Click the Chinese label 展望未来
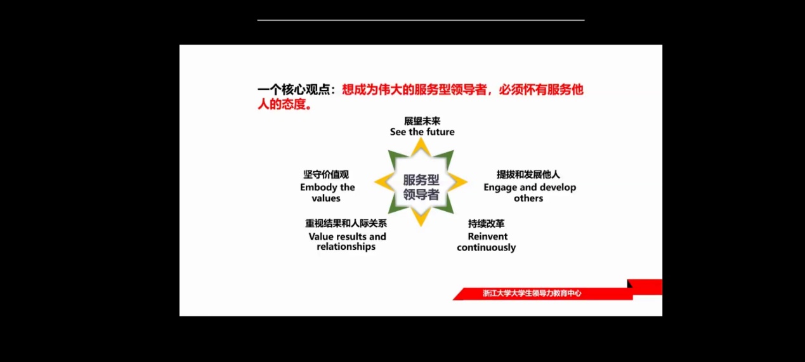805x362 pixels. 422,121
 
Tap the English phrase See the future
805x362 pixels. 422,132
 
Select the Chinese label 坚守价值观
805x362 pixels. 326,174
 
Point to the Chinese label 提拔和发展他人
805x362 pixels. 528,174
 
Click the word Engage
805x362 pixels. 501,188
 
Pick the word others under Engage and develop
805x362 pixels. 528,198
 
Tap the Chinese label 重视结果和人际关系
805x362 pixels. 346,223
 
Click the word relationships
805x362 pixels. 346,247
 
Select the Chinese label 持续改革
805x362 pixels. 486,224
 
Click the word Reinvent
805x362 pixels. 488,236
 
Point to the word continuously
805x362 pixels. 486,247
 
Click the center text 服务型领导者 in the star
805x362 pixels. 421,187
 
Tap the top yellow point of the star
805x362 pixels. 421,139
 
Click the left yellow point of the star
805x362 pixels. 375,182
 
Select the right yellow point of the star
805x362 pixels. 467,182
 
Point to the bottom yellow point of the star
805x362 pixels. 421,226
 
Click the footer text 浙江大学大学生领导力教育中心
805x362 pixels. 532,294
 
